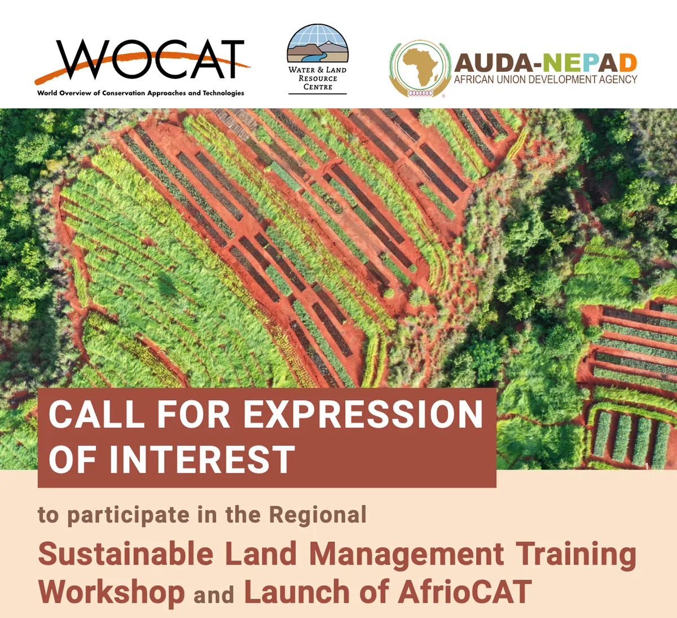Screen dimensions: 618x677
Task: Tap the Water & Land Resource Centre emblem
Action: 318,45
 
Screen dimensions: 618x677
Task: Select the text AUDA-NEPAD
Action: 546,63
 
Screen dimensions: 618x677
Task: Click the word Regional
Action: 318,515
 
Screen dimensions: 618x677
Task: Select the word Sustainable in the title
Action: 126,554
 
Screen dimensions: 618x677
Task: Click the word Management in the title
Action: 406,554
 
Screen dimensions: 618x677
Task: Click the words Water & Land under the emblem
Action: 318,70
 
